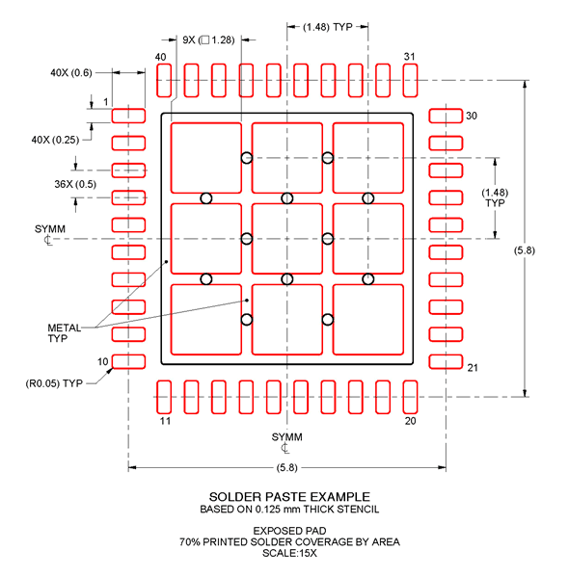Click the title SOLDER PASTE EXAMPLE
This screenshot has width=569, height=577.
tap(285, 496)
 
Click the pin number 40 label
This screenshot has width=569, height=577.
tap(161, 58)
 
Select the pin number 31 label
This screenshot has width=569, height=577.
tap(409, 58)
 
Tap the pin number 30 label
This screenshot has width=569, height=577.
tap(472, 116)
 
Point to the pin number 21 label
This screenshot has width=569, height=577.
tap(473, 368)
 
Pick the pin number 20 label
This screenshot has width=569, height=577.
tap(409, 421)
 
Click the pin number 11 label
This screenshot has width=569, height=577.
tap(164, 421)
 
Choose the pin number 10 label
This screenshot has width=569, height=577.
tap(101, 361)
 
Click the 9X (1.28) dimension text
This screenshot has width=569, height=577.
tap(208, 39)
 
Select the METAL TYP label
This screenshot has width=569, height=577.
tap(65, 333)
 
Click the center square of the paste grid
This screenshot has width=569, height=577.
tap(286, 238)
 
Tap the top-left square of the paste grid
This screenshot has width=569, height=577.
tap(205, 157)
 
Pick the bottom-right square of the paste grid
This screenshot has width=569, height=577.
tap(367, 319)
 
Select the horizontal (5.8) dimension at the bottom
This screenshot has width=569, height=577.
tap(286, 468)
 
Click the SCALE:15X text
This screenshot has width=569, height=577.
tap(285, 552)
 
